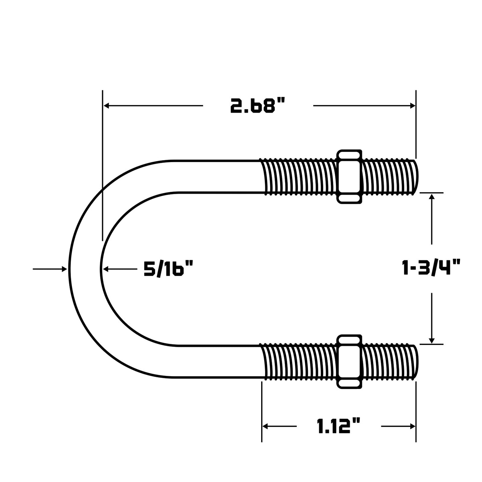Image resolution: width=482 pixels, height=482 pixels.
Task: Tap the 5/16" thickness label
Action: click(169, 269)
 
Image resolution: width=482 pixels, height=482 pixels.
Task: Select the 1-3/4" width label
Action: click(431, 268)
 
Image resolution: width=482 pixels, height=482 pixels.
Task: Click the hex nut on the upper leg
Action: click(350, 176)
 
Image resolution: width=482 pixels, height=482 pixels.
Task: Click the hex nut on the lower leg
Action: click(350, 362)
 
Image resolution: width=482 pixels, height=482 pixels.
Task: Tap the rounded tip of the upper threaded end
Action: click(415, 177)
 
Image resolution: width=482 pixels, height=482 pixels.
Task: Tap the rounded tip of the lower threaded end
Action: click(415, 362)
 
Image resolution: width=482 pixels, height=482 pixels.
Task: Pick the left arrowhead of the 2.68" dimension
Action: click(106, 105)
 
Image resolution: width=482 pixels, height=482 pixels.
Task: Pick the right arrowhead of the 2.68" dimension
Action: click(413, 105)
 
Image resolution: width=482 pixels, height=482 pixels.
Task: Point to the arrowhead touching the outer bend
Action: click(64, 269)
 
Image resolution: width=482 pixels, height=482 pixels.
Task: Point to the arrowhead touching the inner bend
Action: click(106, 269)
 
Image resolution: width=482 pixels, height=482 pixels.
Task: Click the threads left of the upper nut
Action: click(299, 177)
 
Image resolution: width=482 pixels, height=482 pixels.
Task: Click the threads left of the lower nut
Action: click(299, 362)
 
